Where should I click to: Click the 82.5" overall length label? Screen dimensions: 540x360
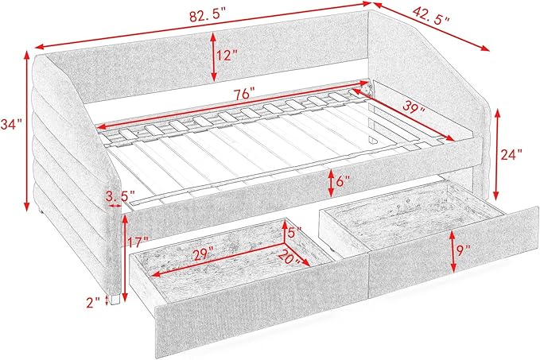pos(207,16)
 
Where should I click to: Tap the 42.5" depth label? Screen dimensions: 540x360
pos(431,15)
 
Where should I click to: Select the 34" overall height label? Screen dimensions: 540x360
pos(11,124)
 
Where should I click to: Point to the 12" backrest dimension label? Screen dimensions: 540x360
pos(227,55)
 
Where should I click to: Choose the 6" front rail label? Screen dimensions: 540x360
pos(343,180)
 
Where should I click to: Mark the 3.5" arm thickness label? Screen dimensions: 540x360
pos(120,196)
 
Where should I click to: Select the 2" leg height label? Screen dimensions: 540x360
pos(92,301)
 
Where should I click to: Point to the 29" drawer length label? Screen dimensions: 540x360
pos(203,254)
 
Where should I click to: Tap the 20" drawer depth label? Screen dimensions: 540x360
pos(289,257)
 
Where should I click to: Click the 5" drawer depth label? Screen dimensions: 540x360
pos(295,232)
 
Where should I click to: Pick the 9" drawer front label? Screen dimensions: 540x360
pos(464,251)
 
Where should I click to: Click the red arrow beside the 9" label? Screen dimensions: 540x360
pos(453,250)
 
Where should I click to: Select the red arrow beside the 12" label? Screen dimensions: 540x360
pos(213,56)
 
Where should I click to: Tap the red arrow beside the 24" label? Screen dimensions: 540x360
pos(496,154)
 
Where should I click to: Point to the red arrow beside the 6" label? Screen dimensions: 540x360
pos(331,183)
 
